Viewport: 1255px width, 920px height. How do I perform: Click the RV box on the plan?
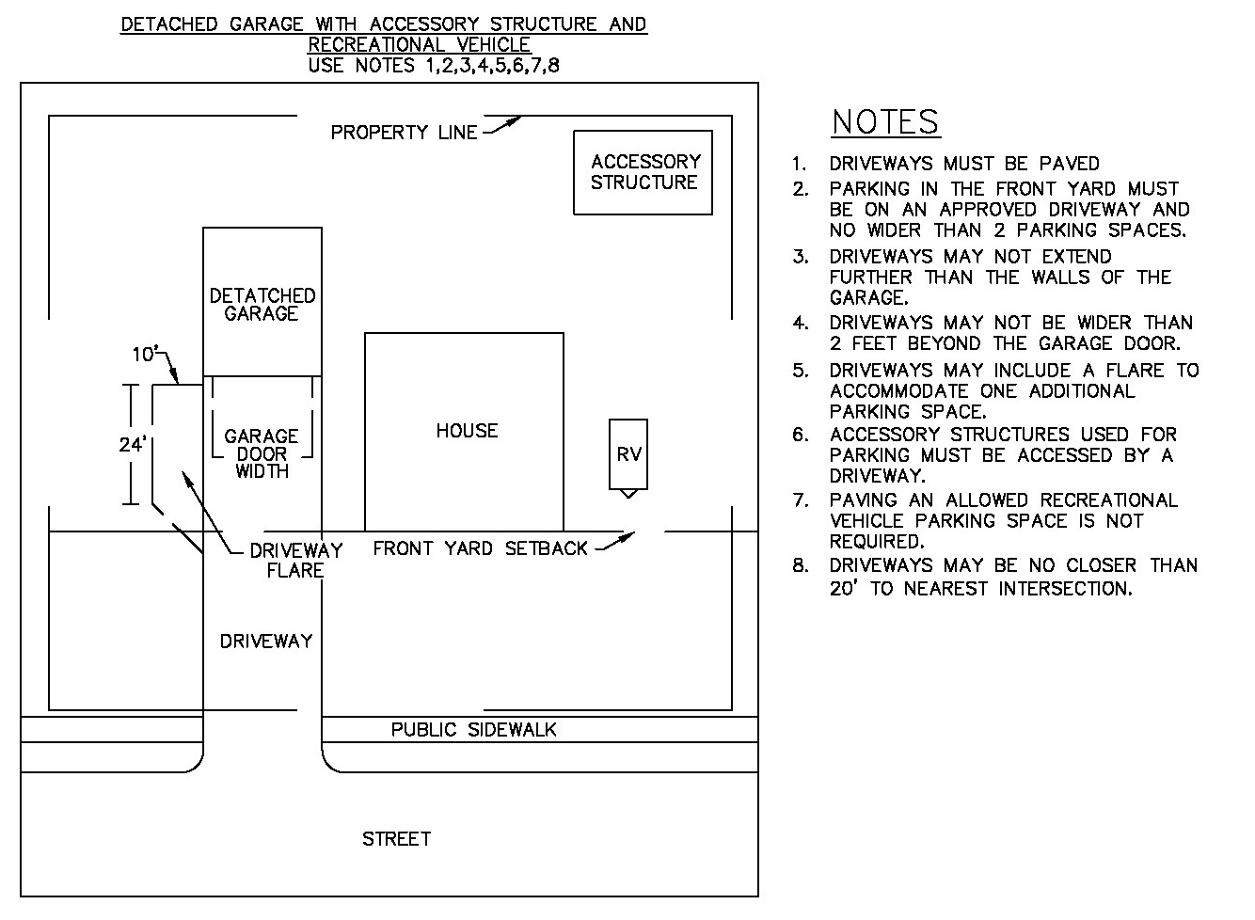pyautogui.click(x=628, y=453)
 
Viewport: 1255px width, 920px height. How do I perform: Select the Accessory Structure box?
pyautogui.click(x=643, y=172)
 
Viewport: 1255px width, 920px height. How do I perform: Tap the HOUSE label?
pyautogui.click(x=467, y=431)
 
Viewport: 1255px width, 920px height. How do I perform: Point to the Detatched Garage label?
pyautogui.click(x=262, y=305)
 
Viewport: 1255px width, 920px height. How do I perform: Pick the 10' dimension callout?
pyautogui.click(x=144, y=355)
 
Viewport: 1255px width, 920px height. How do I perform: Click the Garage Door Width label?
pyautogui.click(x=262, y=453)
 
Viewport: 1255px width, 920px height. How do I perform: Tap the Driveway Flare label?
pyautogui.click(x=295, y=561)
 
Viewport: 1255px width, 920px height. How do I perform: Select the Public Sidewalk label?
pyautogui.click(x=474, y=730)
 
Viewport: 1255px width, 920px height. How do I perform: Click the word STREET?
pyautogui.click(x=396, y=839)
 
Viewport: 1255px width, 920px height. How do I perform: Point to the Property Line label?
pyautogui.click(x=404, y=133)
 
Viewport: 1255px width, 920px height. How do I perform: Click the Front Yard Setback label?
pyautogui.click(x=480, y=548)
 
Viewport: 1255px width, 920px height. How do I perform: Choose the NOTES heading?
pyautogui.click(x=885, y=122)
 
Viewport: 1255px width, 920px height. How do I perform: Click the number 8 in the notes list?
pyautogui.click(x=800, y=566)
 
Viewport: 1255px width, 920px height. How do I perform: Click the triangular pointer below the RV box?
pyautogui.click(x=628, y=493)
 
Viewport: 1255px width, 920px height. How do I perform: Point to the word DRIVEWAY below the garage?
pyautogui.click(x=266, y=642)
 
